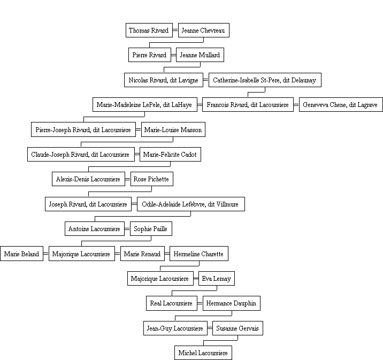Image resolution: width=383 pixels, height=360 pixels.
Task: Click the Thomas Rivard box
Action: click(149, 30)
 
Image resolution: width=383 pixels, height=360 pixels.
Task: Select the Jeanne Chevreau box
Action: click(204, 30)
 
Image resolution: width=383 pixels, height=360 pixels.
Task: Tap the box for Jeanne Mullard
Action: click(200, 55)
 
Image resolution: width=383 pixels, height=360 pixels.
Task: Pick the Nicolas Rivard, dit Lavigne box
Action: click(164, 80)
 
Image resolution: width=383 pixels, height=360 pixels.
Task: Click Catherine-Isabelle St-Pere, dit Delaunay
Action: click(265, 80)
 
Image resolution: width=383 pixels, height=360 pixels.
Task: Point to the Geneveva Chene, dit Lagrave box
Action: click(341, 105)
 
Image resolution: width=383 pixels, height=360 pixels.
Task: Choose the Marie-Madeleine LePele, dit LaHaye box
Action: click(145, 105)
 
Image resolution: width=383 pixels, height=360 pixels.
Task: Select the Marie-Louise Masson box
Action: click(173, 129)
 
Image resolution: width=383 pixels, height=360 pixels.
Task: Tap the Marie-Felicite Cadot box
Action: click(170, 155)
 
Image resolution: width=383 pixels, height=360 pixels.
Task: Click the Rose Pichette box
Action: click(152, 179)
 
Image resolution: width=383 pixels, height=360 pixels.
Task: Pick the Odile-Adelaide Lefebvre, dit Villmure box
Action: click(191, 204)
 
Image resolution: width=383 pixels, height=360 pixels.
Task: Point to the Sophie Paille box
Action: click(151, 229)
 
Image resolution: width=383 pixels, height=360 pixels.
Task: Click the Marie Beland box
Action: click(22, 254)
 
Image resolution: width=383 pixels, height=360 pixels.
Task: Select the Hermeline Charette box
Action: click(199, 254)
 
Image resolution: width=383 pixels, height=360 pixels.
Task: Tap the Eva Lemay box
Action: click(217, 279)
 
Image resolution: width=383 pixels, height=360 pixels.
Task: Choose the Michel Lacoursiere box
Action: click(203, 353)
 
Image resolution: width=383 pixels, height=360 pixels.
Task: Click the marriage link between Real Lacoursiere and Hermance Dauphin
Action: click(200, 303)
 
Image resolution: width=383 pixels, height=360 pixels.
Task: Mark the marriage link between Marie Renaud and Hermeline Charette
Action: click(167, 254)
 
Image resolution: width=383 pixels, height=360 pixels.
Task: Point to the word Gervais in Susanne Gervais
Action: click(248, 328)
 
